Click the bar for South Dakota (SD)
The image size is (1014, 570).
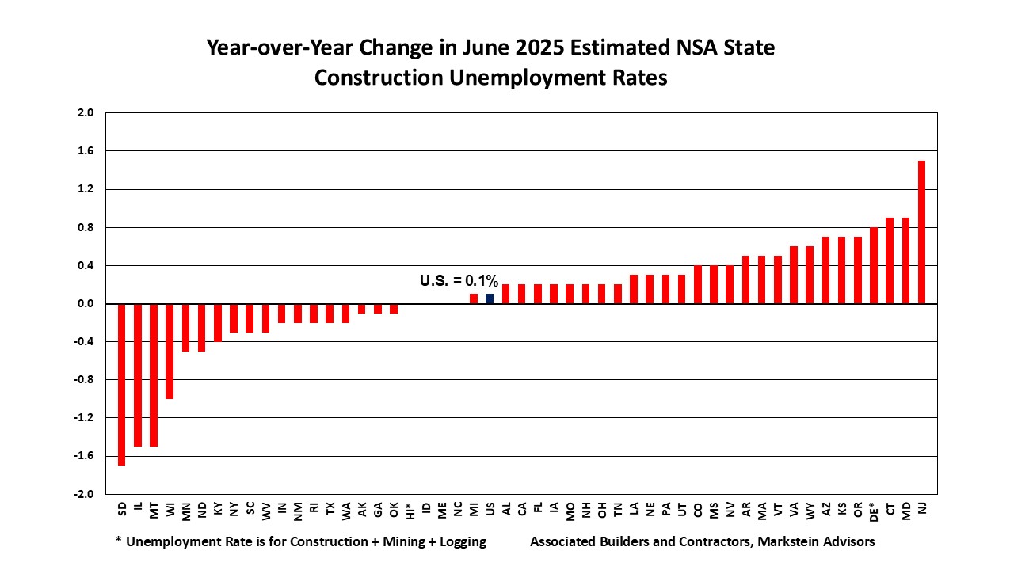click(x=122, y=384)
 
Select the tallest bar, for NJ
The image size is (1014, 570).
click(x=921, y=232)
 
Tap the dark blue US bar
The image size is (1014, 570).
click(x=490, y=298)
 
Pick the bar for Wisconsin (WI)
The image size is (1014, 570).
click(x=170, y=351)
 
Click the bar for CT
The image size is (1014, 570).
click(x=890, y=260)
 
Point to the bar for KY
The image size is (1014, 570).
click(x=218, y=322)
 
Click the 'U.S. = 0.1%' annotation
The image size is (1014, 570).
click(x=459, y=280)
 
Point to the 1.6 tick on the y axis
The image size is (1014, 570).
click(x=86, y=151)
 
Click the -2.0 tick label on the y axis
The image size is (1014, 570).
click(x=84, y=494)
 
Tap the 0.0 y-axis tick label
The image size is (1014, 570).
click(x=86, y=304)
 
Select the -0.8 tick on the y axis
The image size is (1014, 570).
click(x=84, y=380)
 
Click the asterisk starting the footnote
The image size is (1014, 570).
click(x=118, y=541)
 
